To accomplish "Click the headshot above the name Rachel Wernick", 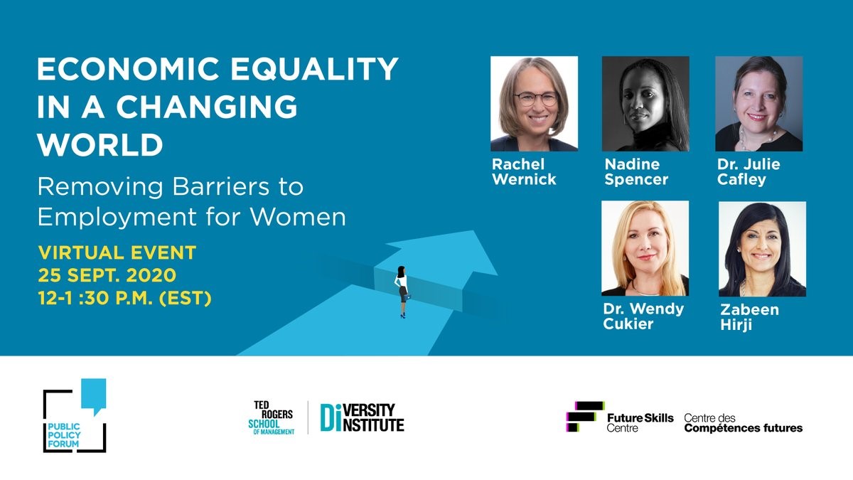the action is [534, 104].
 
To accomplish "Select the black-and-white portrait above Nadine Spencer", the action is [645, 104].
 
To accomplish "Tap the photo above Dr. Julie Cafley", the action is [759, 104].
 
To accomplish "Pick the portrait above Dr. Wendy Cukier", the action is [645, 248].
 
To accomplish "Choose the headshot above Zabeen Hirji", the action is [762, 249].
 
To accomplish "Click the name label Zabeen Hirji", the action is [749, 317].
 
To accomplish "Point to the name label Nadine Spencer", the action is [636, 172].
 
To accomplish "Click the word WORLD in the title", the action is [100, 144].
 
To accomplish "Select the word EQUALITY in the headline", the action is [314, 69].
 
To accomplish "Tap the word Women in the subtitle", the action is [298, 217].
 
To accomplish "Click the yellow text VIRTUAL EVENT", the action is [117, 253].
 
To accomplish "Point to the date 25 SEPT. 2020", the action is [107, 275].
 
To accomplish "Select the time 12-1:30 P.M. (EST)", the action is [124, 298].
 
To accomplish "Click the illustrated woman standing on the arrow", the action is [402, 292].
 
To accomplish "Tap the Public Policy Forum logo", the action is [75, 415].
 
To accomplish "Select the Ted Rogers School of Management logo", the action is [271, 417].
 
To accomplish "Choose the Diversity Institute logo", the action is [362, 417].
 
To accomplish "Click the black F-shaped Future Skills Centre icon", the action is [584, 417].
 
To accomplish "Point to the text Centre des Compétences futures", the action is [744, 423].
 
